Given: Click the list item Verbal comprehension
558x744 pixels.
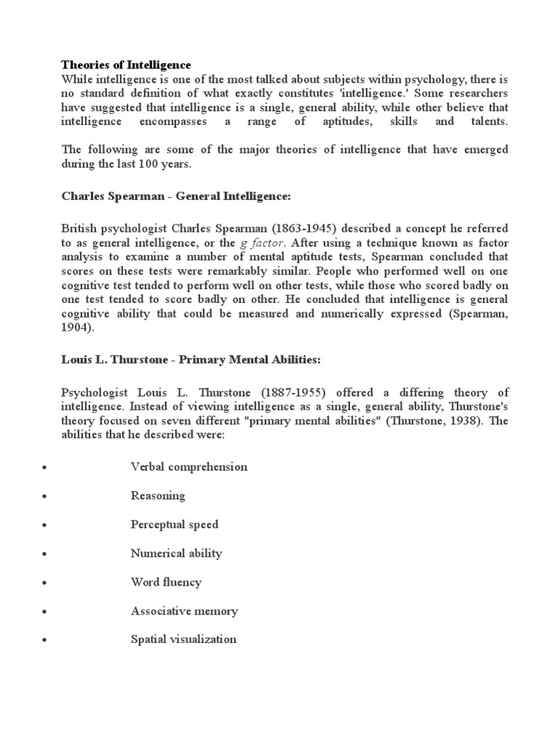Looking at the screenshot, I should coord(189,467).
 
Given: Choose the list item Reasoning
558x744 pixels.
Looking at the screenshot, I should coord(158,496).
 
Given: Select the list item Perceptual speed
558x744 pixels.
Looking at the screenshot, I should coord(174,525).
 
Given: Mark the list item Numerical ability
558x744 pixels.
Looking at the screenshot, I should coord(177,554).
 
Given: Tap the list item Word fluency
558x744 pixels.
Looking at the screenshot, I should coord(166,582).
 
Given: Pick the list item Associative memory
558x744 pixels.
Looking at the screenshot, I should coord(184,611).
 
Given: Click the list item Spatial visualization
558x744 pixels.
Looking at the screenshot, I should coord(183,640).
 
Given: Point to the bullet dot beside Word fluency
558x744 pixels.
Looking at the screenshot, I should coord(45,583).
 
